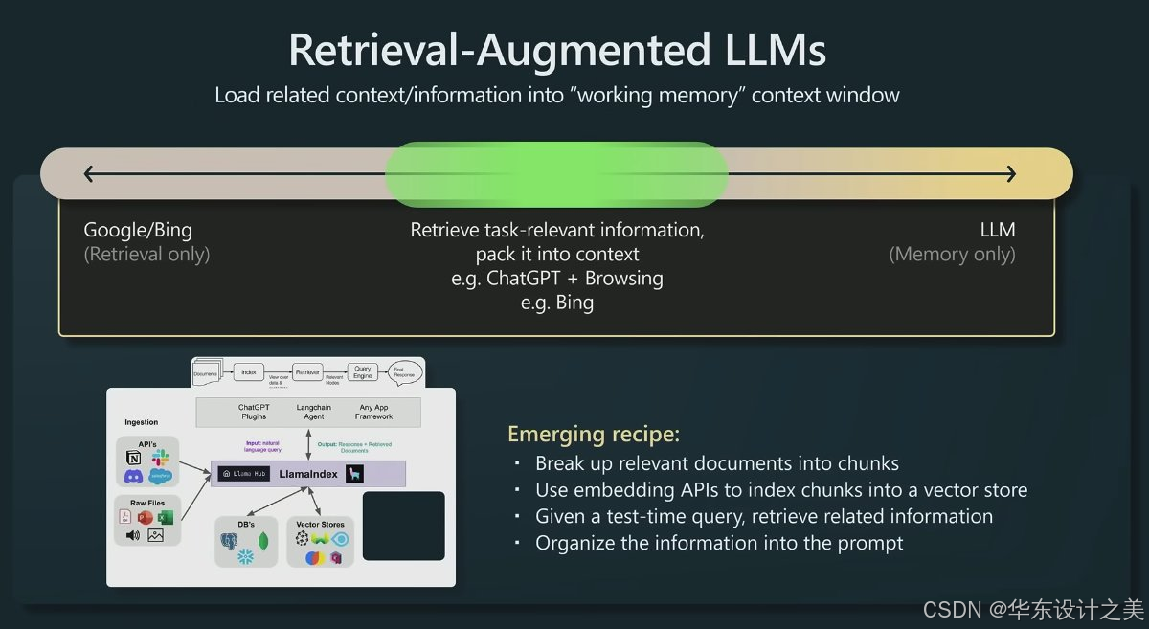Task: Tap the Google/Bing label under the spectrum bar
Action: click(138, 230)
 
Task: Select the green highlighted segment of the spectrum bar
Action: click(556, 173)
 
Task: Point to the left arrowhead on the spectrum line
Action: click(90, 173)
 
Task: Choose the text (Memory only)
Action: click(952, 255)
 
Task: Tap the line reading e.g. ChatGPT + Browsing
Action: click(556, 279)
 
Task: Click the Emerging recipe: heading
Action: click(594, 434)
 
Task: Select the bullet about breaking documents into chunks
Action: click(716, 463)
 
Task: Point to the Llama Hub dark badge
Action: click(243, 473)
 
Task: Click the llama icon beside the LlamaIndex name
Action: click(354, 473)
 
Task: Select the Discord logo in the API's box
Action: click(134, 477)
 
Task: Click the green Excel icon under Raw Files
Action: click(165, 517)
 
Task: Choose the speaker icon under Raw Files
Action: click(132, 535)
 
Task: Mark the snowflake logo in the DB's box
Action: click(245, 556)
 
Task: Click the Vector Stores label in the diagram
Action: click(320, 524)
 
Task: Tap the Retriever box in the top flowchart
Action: click(307, 371)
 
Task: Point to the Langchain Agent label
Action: click(314, 412)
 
